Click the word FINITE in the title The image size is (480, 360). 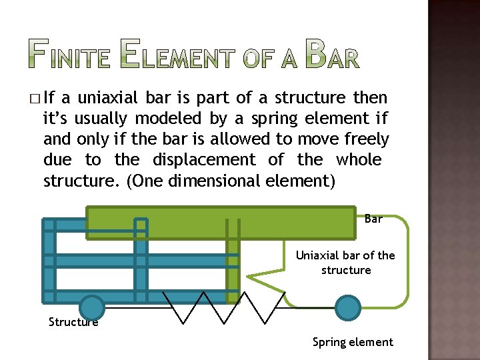click(70, 55)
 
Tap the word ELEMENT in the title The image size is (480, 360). click(176, 55)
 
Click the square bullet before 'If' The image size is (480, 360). click(34, 99)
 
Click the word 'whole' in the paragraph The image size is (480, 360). click(359, 160)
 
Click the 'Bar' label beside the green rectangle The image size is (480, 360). click(373, 219)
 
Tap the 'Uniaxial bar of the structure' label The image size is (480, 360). click(345, 263)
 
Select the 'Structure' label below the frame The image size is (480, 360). click(73, 323)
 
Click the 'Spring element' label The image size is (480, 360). click(353, 342)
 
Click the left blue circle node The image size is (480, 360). click(92, 308)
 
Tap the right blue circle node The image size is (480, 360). click(347, 307)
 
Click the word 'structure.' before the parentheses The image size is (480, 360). click(80, 181)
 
